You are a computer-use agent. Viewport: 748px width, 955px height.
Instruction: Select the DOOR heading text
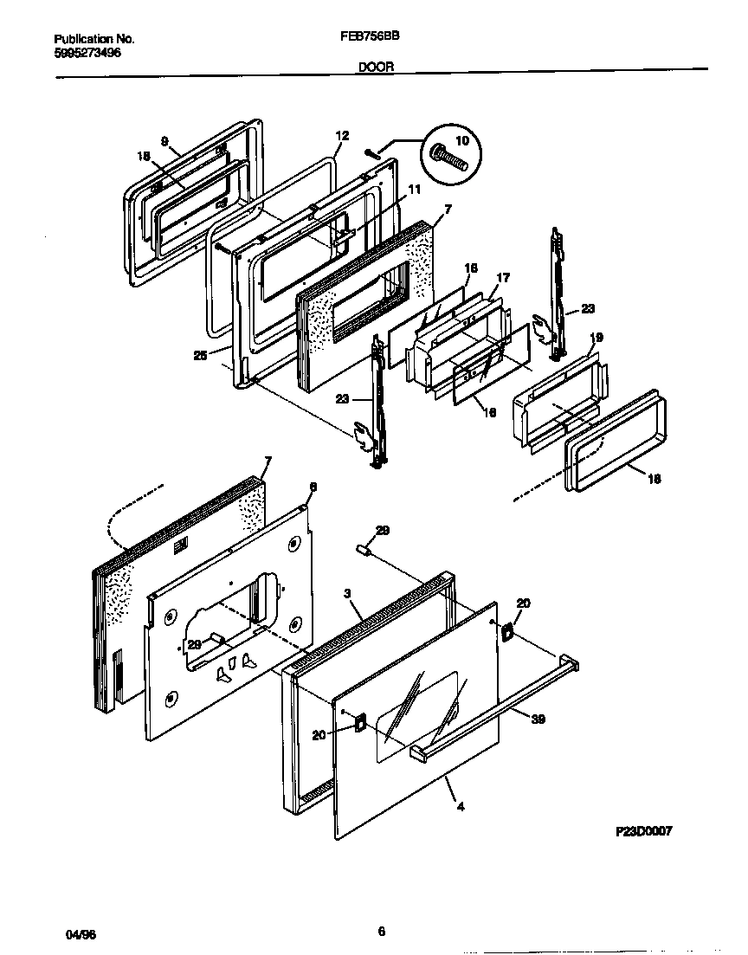pyautogui.click(x=375, y=66)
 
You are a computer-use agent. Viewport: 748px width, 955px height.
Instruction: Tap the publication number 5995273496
pyautogui.click(x=87, y=52)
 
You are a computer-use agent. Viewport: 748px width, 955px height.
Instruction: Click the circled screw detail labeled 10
pyautogui.click(x=449, y=158)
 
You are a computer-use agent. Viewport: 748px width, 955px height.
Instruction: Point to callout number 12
pyautogui.click(x=342, y=136)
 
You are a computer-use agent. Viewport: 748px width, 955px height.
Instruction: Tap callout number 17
pyautogui.click(x=503, y=278)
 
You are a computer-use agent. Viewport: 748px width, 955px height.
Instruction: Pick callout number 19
pyautogui.click(x=596, y=338)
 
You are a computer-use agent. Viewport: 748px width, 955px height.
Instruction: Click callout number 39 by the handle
pyautogui.click(x=538, y=719)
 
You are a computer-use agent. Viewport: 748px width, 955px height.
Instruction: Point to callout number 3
pyautogui.click(x=346, y=593)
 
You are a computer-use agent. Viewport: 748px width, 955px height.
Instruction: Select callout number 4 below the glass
pyautogui.click(x=461, y=807)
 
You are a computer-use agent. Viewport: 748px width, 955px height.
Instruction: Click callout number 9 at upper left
pyautogui.click(x=164, y=141)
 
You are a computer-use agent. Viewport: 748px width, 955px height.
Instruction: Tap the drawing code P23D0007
pyautogui.click(x=643, y=830)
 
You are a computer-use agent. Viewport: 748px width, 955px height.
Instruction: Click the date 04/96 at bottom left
pyautogui.click(x=79, y=937)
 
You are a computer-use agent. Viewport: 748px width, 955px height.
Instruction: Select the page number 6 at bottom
pyautogui.click(x=381, y=932)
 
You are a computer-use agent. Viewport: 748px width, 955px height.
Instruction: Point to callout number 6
pyautogui.click(x=313, y=487)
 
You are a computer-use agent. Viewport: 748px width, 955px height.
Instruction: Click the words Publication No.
pyautogui.click(x=94, y=39)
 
